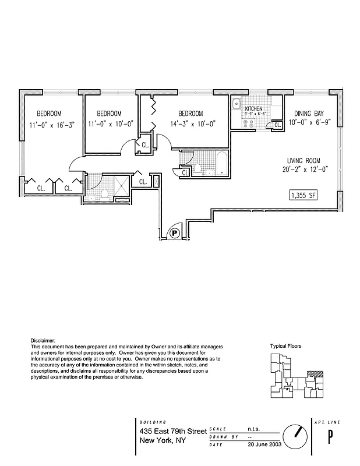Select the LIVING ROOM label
(303, 160)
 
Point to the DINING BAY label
(309, 114)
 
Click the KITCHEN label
(253, 109)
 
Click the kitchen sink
(237, 105)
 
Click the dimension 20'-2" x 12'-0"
(303, 170)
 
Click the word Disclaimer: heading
(43, 340)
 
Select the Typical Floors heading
(285, 345)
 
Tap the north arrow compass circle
(294, 435)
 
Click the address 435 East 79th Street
(173, 431)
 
